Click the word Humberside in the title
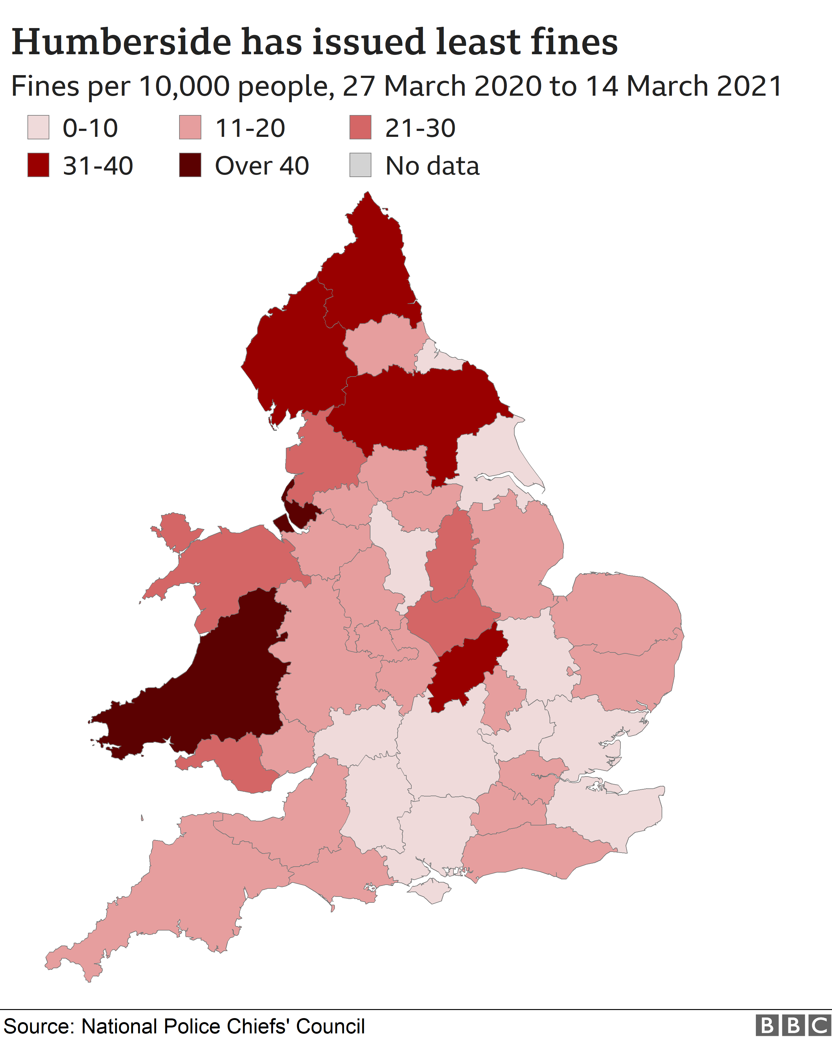[x=121, y=42]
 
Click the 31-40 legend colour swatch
[x=38, y=165]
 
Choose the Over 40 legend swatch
[x=190, y=165]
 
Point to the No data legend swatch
[x=360, y=165]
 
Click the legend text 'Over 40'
[x=262, y=166]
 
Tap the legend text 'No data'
[x=432, y=166]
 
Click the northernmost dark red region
[x=371, y=270]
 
